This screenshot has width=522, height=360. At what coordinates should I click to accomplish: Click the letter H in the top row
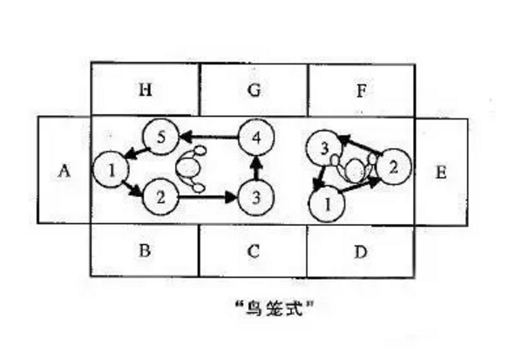(146, 90)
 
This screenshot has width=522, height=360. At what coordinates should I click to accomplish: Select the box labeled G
(254, 90)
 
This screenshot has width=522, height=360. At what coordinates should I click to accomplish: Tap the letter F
(361, 90)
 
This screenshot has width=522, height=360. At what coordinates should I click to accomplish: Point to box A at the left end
(64, 170)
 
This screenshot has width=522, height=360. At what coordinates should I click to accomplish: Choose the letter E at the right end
(441, 173)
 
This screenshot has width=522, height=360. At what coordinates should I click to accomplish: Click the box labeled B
(145, 250)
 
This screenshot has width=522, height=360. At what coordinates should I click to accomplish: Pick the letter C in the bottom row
(254, 251)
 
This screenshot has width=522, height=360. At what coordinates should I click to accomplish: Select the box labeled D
(361, 251)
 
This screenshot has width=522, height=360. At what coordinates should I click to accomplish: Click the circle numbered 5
(161, 137)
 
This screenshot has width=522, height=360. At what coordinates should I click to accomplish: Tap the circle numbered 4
(256, 137)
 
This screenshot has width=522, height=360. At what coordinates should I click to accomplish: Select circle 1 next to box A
(110, 169)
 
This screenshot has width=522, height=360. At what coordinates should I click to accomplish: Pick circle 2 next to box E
(394, 166)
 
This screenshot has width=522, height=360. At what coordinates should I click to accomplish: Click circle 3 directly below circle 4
(256, 198)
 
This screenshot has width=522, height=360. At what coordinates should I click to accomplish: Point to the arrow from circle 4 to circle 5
(209, 137)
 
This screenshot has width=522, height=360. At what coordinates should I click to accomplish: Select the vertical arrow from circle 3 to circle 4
(256, 167)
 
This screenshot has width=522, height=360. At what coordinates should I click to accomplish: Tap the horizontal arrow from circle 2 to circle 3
(208, 198)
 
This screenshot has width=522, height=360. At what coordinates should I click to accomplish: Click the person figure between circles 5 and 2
(191, 169)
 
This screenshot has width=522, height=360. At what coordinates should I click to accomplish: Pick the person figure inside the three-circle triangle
(354, 168)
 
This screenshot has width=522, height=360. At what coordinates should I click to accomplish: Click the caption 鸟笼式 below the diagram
(275, 308)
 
